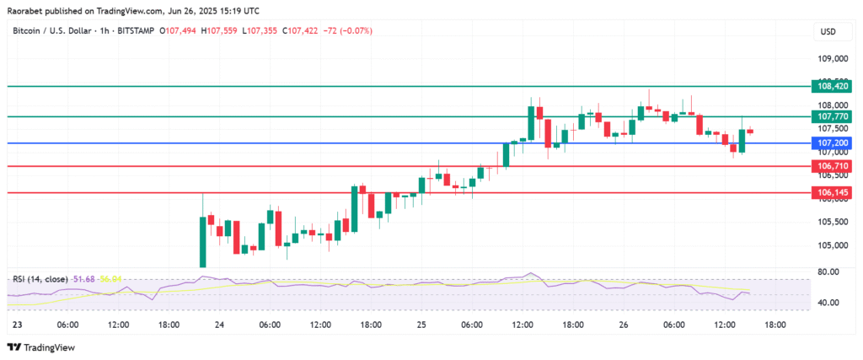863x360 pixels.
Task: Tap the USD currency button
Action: click(x=828, y=31)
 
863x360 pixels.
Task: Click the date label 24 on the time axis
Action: click(x=219, y=325)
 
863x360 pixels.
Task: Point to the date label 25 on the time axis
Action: click(x=421, y=325)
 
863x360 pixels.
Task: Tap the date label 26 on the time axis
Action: click(x=624, y=325)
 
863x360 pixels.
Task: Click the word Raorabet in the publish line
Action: click(x=26, y=10)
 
